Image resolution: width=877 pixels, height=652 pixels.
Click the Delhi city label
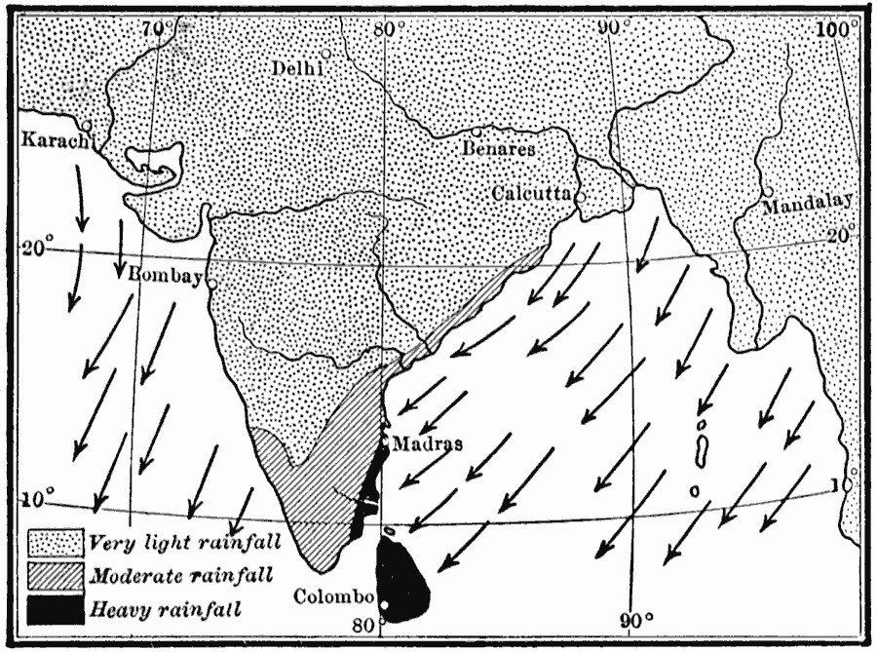click(298, 68)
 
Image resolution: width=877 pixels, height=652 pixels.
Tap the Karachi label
click(56, 142)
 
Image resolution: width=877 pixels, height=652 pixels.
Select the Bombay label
click(166, 276)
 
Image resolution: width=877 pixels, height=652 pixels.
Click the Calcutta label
click(530, 192)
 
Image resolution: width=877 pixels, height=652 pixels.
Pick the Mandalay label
click(808, 206)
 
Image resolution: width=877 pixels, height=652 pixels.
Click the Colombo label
click(333, 596)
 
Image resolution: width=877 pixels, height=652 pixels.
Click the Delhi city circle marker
click(325, 53)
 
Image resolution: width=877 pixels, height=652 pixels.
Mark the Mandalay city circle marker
click(769, 191)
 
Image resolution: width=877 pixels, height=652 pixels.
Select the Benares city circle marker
click(477, 132)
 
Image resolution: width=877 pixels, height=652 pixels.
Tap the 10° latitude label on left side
click(33, 499)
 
